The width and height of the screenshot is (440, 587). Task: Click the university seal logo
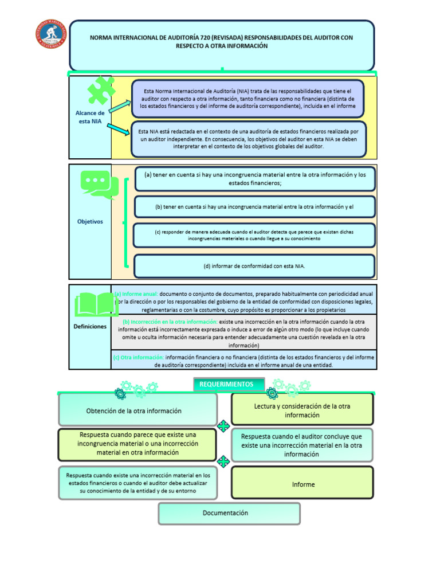tap(52, 37)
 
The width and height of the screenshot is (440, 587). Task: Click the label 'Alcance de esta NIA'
tap(90, 117)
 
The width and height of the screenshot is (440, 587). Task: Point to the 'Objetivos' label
tap(90, 221)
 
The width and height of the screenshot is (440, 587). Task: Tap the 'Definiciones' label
tap(90, 326)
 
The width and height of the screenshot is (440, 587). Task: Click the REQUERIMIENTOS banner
tap(229, 385)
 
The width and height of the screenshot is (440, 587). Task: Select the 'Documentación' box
tap(229, 513)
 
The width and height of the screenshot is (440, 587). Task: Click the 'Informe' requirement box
tap(302, 484)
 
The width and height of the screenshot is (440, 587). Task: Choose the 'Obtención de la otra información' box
tap(137, 410)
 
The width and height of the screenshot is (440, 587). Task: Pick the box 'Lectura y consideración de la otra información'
tap(302, 410)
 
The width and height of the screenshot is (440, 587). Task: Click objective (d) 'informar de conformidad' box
tap(254, 266)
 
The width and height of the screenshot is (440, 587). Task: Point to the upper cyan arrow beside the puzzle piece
tap(120, 105)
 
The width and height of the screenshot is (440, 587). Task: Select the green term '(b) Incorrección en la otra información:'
tap(170, 322)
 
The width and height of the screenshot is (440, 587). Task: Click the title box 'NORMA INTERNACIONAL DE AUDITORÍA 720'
tap(222, 45)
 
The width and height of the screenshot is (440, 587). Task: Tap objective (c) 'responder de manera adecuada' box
tap(254, 235)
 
